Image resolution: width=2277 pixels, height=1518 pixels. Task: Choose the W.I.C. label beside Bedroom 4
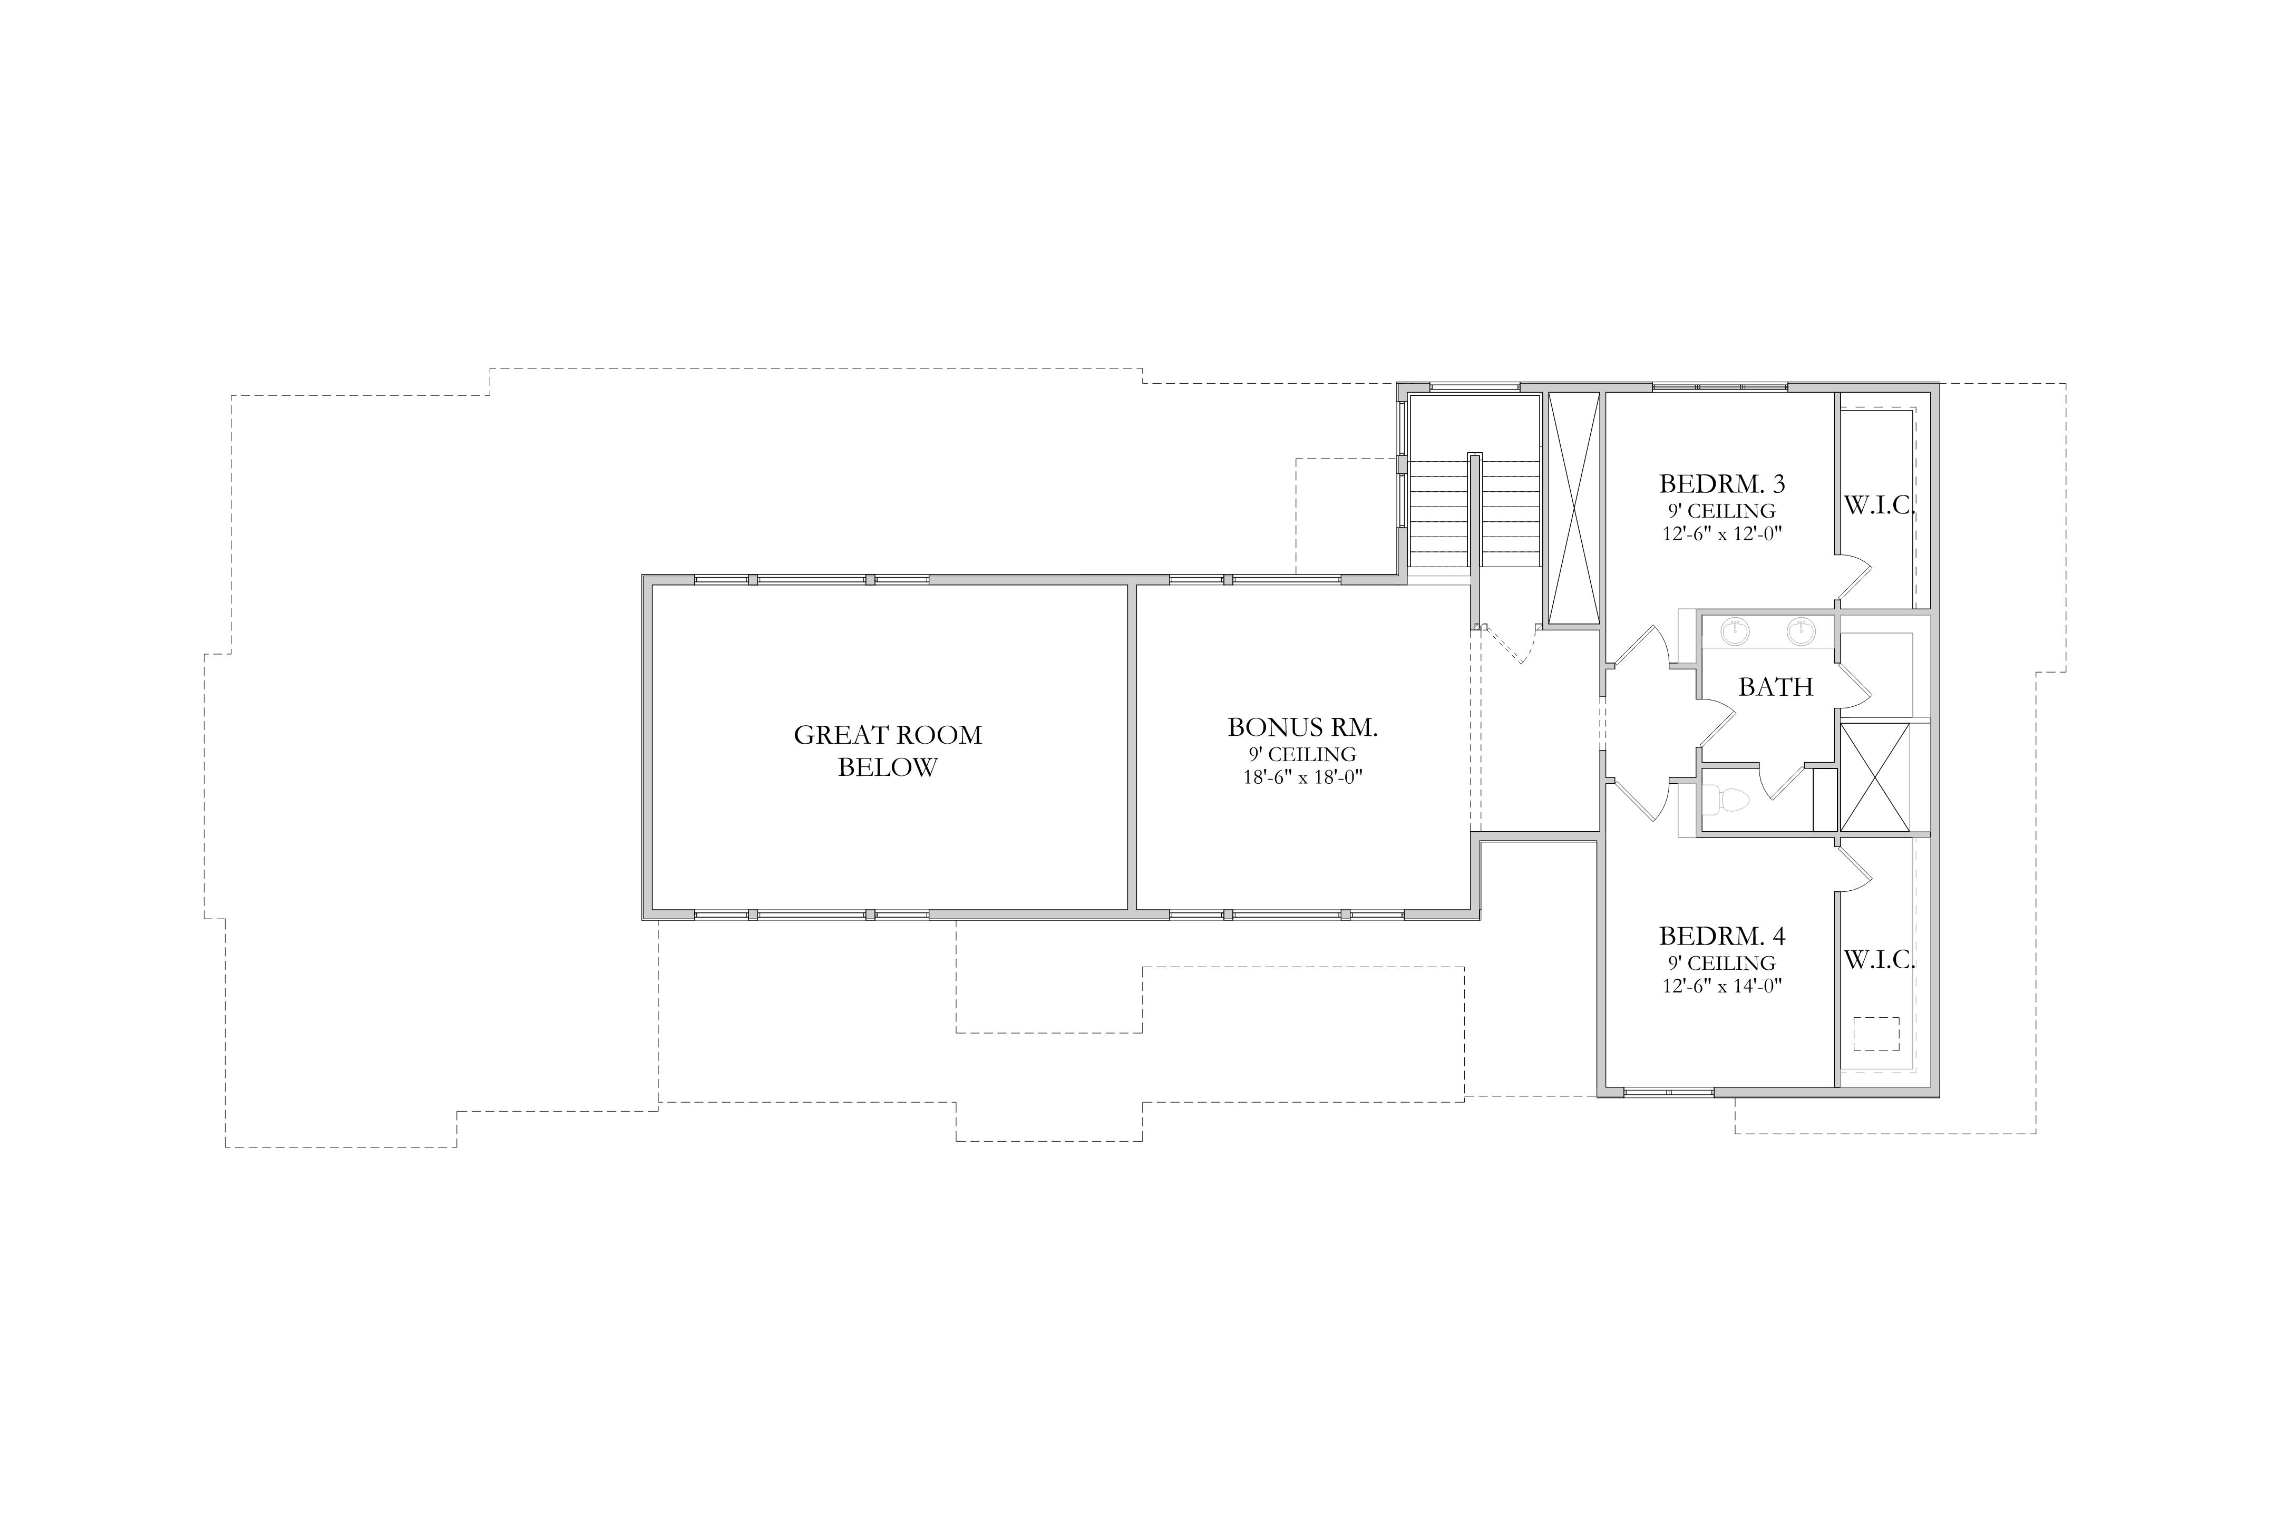click(x=1879, y=959)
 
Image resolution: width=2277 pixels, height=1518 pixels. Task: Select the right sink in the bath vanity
click(x=1801, y=631)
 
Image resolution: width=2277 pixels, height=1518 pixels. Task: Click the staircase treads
click(x=1474, y=514)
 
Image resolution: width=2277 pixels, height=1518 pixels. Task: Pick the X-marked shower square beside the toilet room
click(x=1874, y=777)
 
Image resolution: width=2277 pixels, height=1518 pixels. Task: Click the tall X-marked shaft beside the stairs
click(x=1573, y=508)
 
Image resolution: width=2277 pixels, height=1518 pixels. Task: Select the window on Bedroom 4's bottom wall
click(x=1668, y=1092)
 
